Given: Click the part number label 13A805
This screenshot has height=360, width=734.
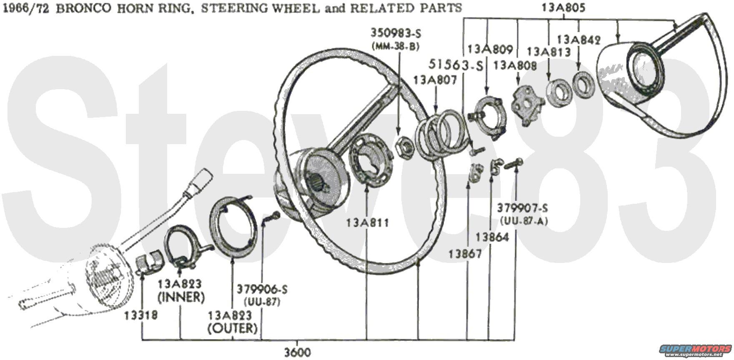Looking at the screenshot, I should click(564, 7).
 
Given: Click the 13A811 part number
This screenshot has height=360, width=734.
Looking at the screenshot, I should click(367, 223).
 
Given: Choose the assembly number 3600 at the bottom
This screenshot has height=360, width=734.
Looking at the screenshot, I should click(298, 352).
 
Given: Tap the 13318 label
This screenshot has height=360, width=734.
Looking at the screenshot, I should click(141, 315).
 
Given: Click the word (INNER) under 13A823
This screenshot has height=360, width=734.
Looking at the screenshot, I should click(181, 297).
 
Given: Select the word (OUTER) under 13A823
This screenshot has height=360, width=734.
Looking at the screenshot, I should click(233, 328).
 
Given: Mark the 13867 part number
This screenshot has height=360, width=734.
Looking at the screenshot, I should click(465, 253).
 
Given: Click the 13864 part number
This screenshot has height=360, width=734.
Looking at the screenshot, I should click(492, 237).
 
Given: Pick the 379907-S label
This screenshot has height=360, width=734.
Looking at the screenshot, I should click(523, 208).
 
